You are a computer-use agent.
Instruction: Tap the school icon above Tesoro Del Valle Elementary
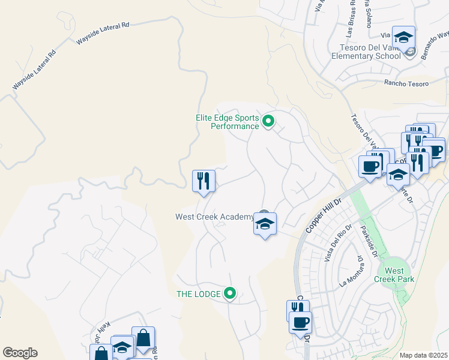[404, 37]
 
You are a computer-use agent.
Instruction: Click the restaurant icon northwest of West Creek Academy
[203, 181]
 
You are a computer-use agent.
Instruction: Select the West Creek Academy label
[214, 217]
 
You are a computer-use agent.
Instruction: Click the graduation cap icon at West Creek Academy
[265, 224]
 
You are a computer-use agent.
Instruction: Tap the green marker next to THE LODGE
[229, 293]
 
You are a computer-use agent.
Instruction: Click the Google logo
[20, 353]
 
